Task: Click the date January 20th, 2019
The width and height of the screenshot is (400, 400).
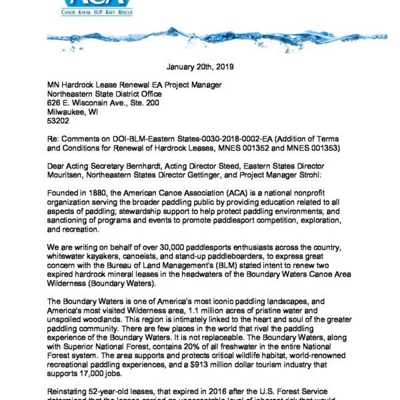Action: [200, 67]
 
